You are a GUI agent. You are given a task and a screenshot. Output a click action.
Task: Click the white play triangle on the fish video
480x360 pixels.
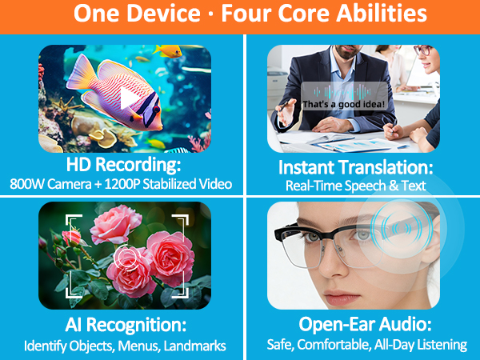(x=128, y=98)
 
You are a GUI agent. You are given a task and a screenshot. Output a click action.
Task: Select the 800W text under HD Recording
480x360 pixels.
(x=30, y=185)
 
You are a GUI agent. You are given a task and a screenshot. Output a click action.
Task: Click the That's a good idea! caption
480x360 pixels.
(x=344, y=104)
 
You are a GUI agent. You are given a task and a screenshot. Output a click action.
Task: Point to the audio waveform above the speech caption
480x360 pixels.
(x=344, y=90)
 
